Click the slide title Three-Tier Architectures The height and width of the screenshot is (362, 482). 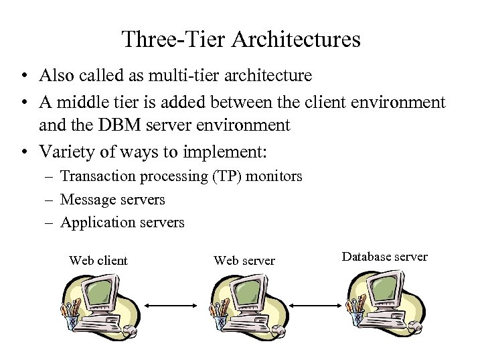(241, 39)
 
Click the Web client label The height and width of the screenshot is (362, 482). (98, 260)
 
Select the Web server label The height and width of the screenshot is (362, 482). (244, 260)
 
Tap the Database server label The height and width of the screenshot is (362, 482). (384, 257)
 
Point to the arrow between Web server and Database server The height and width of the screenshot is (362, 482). (313, 307)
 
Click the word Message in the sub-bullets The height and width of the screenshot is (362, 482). (86, 199)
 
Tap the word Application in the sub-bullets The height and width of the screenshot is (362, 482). (92, 222)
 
